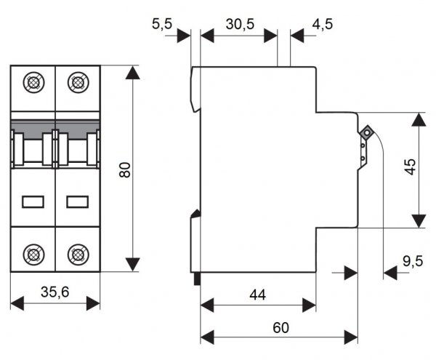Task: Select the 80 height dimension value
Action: coord(124,170)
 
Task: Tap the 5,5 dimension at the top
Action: coord(162,25)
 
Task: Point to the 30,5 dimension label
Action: coord(240,25)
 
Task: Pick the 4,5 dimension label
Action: coord(323,25)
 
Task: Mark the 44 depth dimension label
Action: coord(257,295)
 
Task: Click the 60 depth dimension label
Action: coord(280,328)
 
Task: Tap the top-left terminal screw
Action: coord(33,82)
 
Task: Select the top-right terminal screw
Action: coord(77,82)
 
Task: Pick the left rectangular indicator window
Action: coord(33,201)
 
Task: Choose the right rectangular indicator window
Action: coord(77,201)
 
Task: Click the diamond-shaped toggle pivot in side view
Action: coord(366,133)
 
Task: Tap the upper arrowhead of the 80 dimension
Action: coord(132,73)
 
